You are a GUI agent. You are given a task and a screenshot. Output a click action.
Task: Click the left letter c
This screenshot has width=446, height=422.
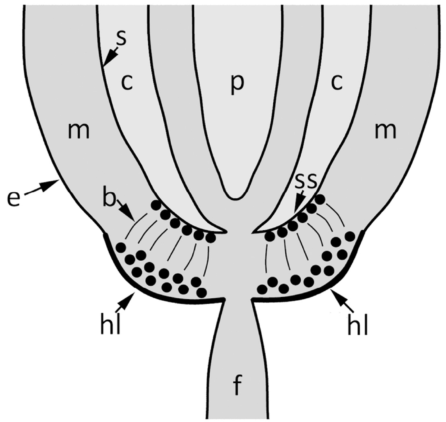click(126, 82)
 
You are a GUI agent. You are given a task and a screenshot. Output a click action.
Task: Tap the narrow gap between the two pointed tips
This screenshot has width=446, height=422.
click(240, 232)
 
